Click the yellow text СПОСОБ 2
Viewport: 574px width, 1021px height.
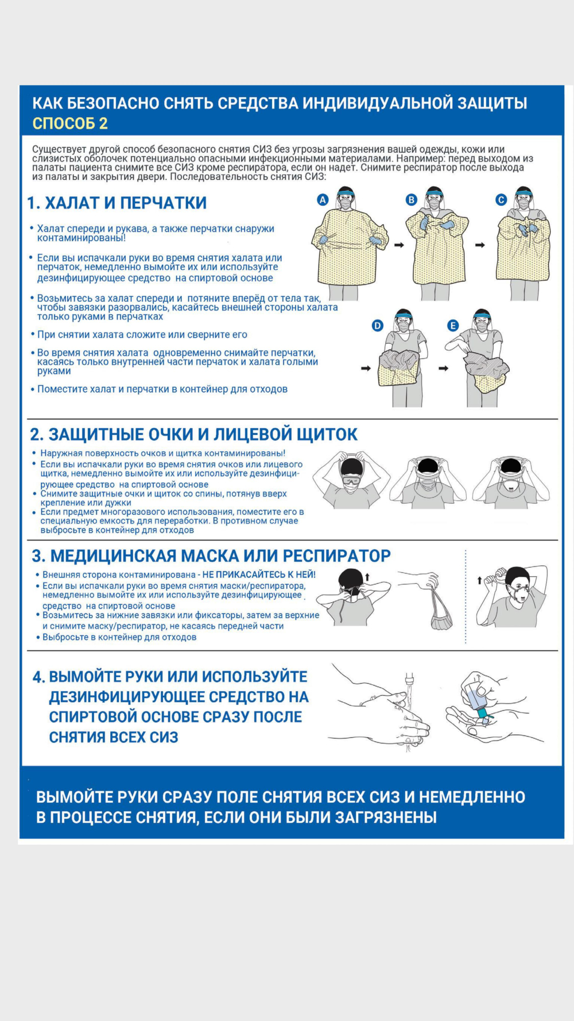point(70,124)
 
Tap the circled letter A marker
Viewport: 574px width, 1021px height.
point(323,200)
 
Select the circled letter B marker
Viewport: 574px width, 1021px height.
point(411,200)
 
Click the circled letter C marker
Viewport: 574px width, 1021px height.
point(501,200)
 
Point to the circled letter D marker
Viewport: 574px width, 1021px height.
point(378,326)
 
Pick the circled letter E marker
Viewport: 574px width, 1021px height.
point(453,326)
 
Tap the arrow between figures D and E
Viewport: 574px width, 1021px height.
point(443,368)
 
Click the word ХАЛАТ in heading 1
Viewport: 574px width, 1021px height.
point(72,203)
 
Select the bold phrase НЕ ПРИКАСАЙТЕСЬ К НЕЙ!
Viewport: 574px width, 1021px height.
point(259,575)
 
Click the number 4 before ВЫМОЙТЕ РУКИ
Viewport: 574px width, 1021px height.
point(38,677)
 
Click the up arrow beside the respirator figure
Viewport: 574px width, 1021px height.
point(480,581)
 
